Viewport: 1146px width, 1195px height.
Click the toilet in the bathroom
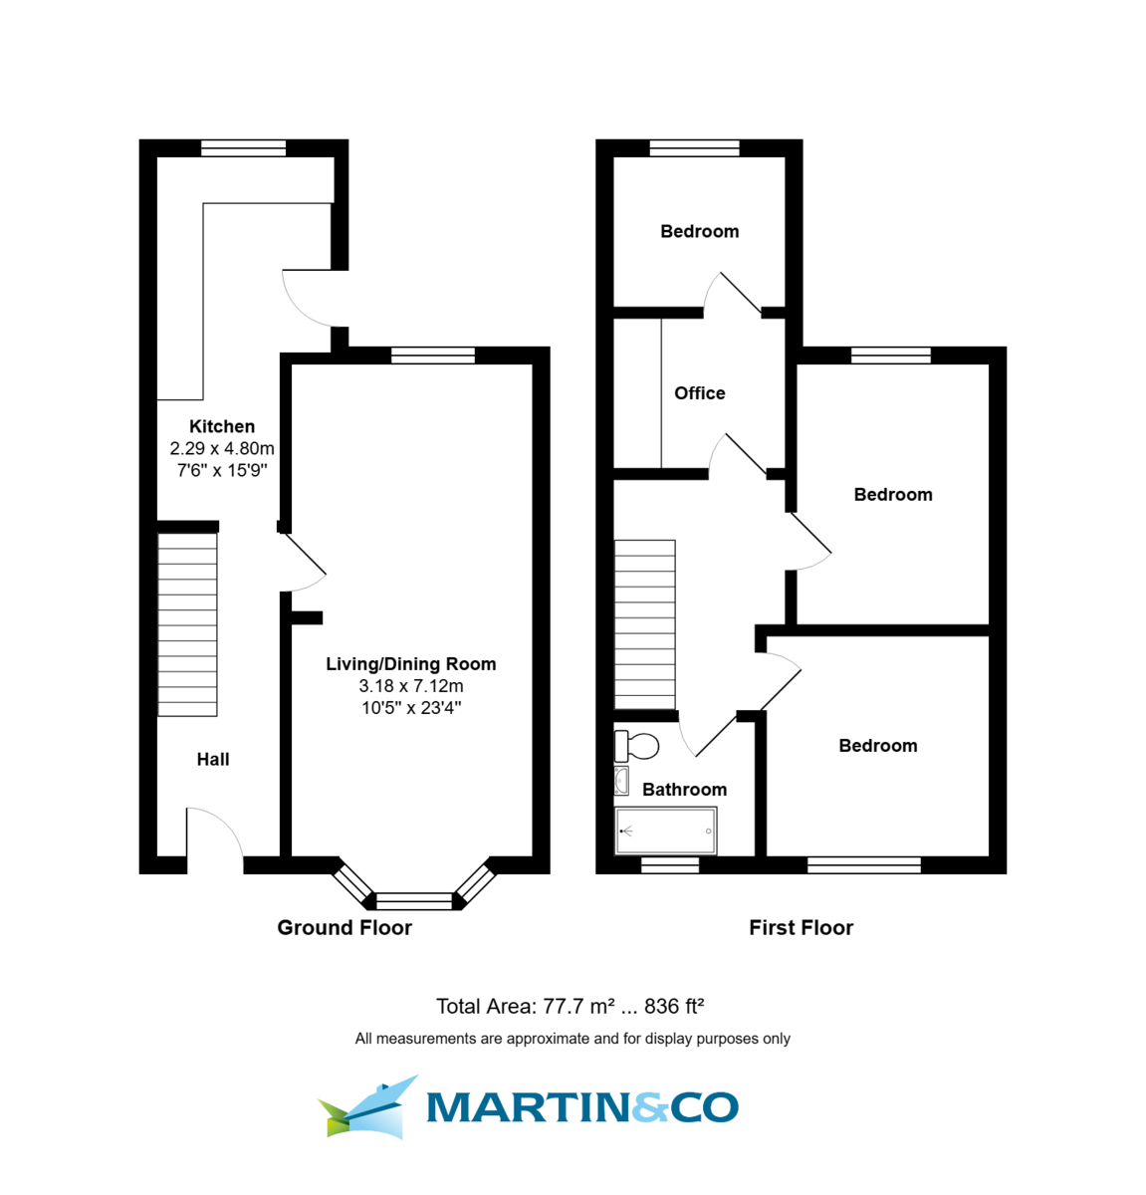[637, 745]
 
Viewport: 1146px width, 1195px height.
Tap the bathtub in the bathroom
[665, 831]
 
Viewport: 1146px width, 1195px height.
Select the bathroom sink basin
[621, 781]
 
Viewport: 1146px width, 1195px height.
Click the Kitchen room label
[222, 426]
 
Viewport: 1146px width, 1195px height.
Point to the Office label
[699, 393]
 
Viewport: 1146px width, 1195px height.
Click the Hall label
[213, 760]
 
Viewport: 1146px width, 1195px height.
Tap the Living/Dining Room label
[410, 664]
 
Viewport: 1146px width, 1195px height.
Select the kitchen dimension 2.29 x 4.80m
[222, 449]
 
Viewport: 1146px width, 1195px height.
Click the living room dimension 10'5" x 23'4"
[410, 708]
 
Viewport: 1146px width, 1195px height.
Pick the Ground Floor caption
[344, 928]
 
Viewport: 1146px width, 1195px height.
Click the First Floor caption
[801, 928]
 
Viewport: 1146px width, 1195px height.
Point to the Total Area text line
[571, 1007]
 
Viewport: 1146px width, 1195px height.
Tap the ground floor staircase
[187, 624]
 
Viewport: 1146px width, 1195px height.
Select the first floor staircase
[645, 624]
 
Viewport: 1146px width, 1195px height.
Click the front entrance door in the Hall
[215, 836]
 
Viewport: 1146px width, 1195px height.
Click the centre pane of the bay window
[414, 901]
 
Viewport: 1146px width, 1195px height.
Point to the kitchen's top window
[243, 148]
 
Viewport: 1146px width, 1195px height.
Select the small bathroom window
[670, 865]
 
